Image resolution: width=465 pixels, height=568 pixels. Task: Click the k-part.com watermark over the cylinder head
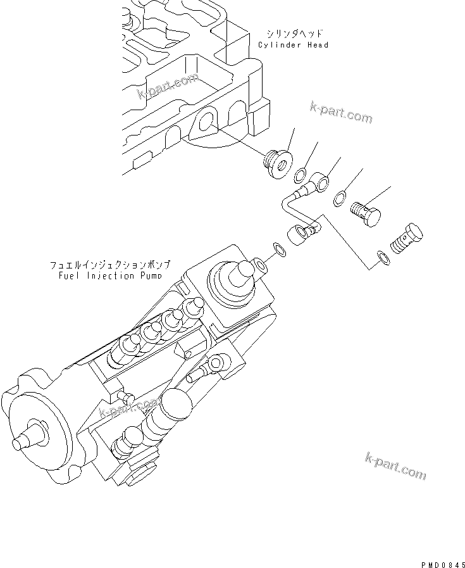167,88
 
